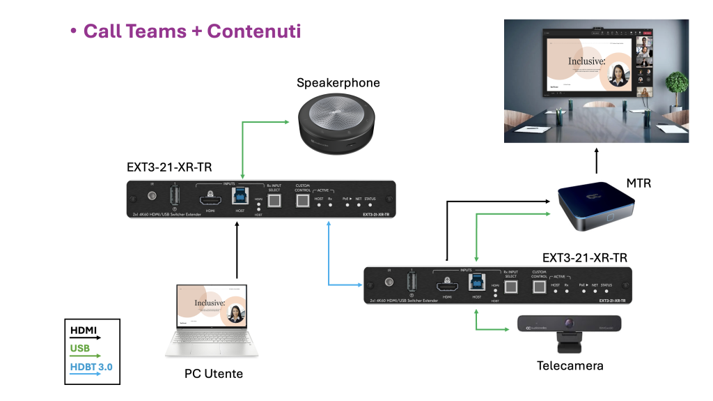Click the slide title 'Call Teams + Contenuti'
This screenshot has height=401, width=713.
click(x=192, y=31)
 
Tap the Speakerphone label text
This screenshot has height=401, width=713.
click(x=338, y=83)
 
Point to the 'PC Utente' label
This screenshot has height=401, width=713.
click(x=214, y=374)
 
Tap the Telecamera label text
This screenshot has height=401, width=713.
click(x=570, y=365)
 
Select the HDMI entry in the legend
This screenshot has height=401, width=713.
click(x=84, y=330)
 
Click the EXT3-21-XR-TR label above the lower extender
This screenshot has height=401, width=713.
click(x=590, y=257)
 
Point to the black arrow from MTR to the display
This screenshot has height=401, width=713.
click(x=597, y=160)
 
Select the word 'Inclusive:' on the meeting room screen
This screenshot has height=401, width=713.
click(x=586, y=61)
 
